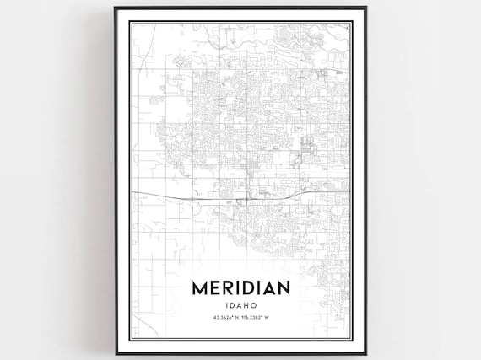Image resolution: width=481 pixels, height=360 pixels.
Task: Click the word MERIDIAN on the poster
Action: click(240, 287)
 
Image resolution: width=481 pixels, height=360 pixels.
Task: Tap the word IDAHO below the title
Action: click(240, 304)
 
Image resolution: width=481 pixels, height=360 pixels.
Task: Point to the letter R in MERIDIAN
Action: click(228, 287)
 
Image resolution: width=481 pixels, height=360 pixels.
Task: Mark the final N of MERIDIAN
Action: click(283, 287)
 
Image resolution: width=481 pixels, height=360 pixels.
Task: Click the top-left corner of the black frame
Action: click(116, 8)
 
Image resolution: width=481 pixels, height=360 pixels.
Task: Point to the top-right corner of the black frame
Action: click(365, 8)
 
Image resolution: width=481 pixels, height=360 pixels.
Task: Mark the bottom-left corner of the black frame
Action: click(116, 353)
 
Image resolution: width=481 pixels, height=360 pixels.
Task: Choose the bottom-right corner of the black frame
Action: click(365, 353)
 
